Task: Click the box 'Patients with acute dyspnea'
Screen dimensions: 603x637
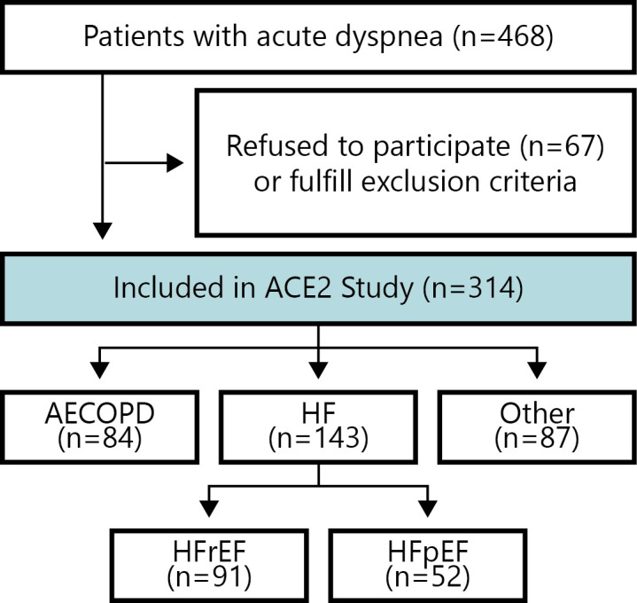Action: click(318, 36)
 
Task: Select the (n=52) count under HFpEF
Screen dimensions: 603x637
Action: click(427, 576)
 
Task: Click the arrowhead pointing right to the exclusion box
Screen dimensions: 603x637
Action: click(175, 162)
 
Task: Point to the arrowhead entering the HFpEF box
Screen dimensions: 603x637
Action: click(427, 509)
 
